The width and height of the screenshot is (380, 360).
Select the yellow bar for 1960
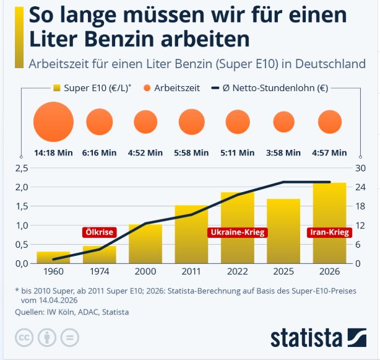[x=53, y=257]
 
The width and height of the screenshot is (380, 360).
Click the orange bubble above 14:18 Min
[x=53, y=121]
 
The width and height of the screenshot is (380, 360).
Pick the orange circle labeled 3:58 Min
[x=284, y=122]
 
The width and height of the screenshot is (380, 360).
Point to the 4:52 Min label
[x=145, y=152]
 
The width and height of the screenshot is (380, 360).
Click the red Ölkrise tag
[x=99, y=232]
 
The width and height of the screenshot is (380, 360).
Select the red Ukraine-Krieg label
[x=238, y=232]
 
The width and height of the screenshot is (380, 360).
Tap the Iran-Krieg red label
[x=329, y=232]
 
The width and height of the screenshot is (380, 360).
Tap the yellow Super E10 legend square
[x=59, y=88]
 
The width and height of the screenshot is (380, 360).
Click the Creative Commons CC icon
[x=24, y=338]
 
